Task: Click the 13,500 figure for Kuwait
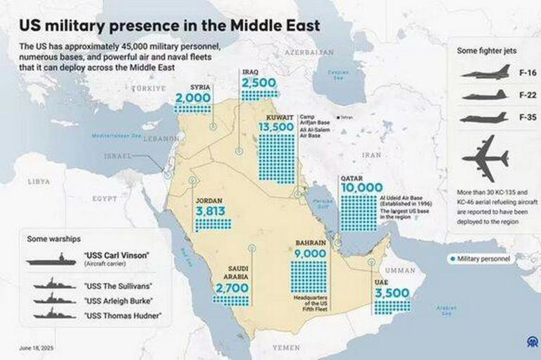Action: tap(276, 126)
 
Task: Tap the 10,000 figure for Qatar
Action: tap(361, 188)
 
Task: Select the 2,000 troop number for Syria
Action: tap(193, 98)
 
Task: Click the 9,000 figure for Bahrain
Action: tap(311, 254)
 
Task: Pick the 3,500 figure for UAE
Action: tap(392, 293)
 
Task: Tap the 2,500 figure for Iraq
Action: tap(259, 83)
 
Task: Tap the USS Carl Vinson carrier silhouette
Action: tap(51, 261)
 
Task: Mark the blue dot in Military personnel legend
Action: tap(452, 259)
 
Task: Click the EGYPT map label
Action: tap(104, 199)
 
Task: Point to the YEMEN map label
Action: tap(286, 347)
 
